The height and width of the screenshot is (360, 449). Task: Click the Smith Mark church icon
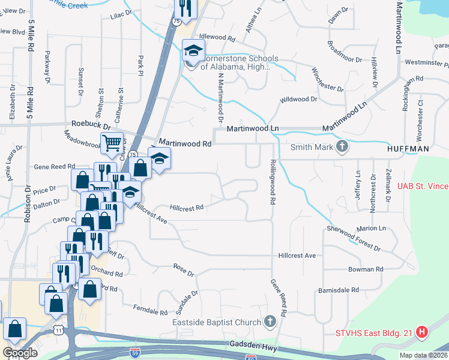(342, 147)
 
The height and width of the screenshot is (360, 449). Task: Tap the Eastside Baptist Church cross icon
(270, 323)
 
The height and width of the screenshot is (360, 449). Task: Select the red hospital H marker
(422, 332)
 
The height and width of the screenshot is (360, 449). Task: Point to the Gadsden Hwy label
(253, 345)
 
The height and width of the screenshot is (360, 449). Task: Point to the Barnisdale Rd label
(339, 289)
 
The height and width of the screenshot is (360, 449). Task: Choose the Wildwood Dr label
(298, 99)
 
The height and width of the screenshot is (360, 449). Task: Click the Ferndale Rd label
(151, 311)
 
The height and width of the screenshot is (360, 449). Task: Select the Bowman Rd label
(366, 269)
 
